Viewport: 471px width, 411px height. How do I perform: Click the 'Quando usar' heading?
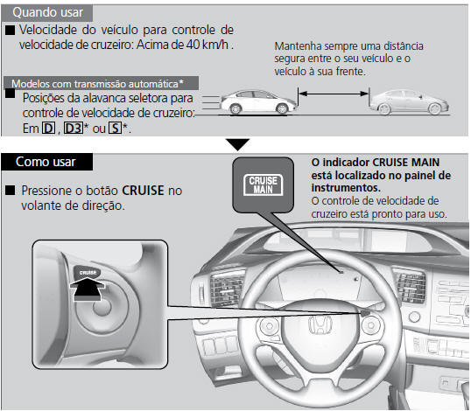[x=48, y=12]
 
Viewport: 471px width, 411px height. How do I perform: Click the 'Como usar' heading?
[x=46, y=162]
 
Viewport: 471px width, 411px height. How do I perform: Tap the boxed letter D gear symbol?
[x=48, y=129]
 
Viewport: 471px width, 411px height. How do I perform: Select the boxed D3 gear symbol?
[x=74, y=129]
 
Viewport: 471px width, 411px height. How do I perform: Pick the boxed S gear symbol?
[x=115, y=129]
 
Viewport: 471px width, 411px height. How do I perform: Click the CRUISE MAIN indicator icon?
[x=264, y=185]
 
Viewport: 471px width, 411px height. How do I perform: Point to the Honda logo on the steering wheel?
[x=320, y=324]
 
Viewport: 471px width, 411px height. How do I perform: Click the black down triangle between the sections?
[x=238, y=144]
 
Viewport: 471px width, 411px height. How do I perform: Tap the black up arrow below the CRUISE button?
[x=88, y=289]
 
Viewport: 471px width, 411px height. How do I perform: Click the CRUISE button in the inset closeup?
[x=88, y=272]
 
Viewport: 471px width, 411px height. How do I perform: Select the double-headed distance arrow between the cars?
[x=334, y=94]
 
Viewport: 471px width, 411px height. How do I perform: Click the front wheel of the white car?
[x=282, y=108]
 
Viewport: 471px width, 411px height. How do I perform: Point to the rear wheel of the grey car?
[x=385, y=109]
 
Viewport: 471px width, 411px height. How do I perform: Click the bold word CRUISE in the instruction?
[x=143, y=191]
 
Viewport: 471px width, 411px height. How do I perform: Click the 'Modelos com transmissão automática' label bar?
[x=101, y=83]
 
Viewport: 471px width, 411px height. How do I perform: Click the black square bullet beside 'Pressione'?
[x=11, y=191]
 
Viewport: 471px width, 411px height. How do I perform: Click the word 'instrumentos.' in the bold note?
[x=346, y=188]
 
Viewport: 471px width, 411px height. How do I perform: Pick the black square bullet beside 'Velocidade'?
[x=10, y=30]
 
